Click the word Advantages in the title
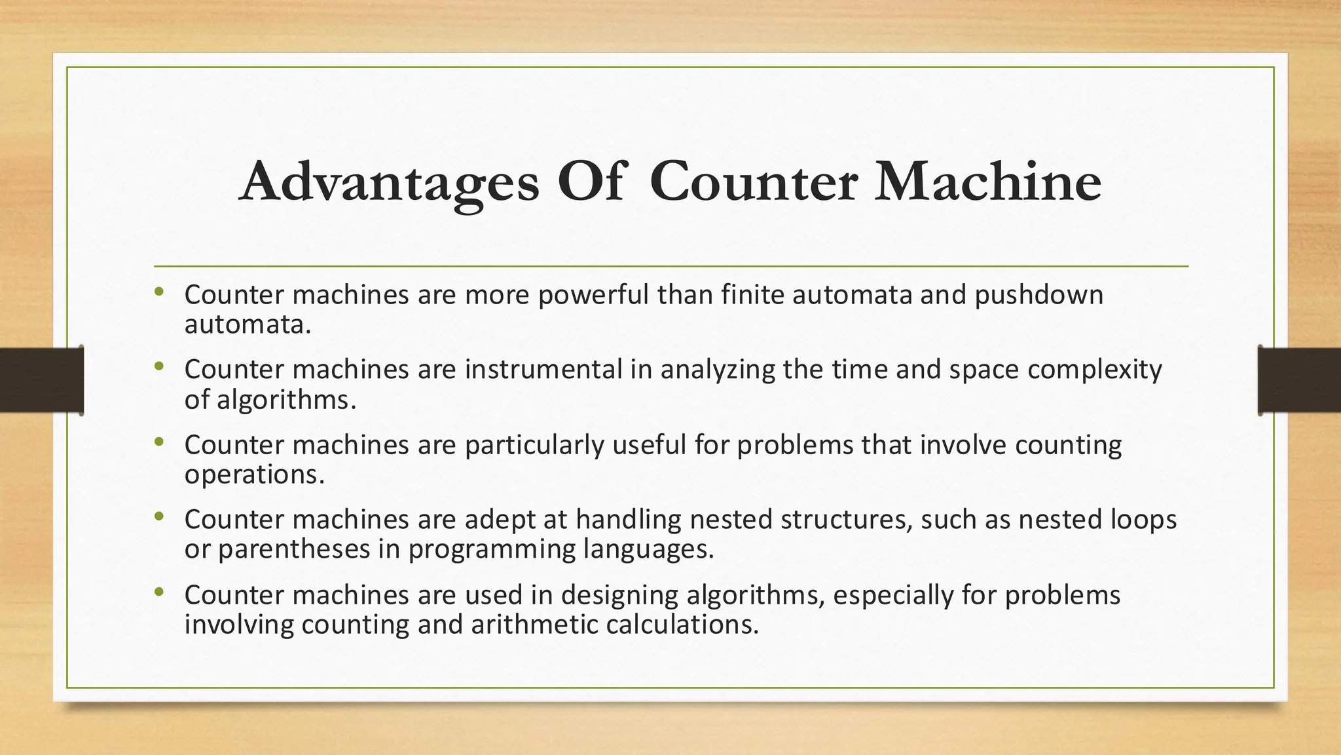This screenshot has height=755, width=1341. [390, 182]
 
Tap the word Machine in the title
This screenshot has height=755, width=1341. [988, 181]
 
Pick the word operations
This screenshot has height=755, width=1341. [254, 474]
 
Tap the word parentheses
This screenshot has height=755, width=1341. [294, 549]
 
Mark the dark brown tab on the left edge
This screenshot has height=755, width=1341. [41, 380]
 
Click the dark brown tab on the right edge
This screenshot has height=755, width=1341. [1299, 380]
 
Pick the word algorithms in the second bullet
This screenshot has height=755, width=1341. [286, 400]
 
